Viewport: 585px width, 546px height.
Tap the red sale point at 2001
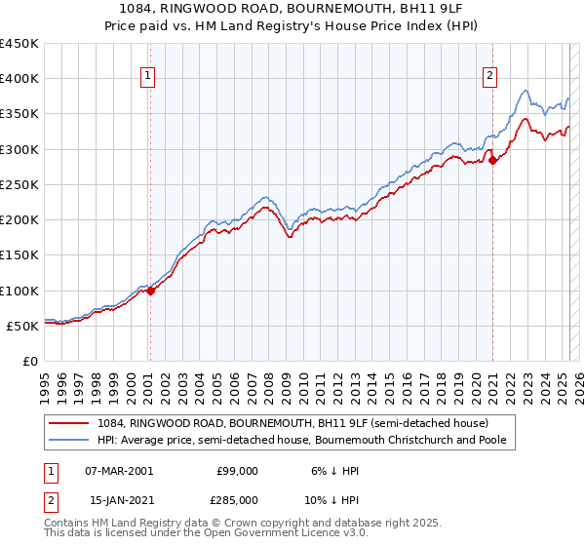point(151,291)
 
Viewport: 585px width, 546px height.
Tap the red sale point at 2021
point(493,160)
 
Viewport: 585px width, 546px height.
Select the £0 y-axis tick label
point(29,361)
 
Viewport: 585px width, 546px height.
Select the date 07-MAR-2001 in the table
point(119,471)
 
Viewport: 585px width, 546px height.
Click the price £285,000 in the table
point(237,500)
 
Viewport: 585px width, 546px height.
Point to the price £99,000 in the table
point(237,471)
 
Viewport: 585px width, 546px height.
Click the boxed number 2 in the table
point(51,500)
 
